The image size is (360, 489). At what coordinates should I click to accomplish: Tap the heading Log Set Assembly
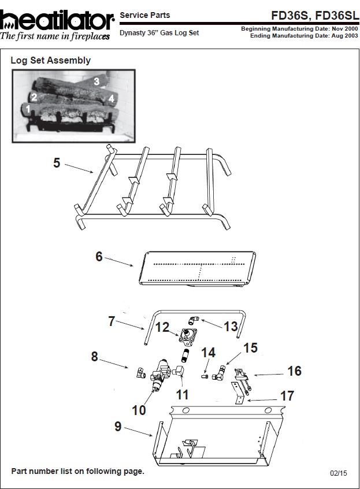[51, 60]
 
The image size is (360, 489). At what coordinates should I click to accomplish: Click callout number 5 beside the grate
[57, 163]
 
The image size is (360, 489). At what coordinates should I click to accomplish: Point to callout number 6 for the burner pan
[99, 256]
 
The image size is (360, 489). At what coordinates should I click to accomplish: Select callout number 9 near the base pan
[118, 427]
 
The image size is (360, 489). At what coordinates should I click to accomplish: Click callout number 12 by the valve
[162, 327]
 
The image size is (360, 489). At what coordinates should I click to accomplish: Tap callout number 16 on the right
[294, 371]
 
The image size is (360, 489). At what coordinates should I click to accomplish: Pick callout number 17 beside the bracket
[287, 396]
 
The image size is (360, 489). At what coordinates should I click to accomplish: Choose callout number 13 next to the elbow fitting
[231, 326]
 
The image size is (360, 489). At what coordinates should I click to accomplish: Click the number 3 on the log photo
[97, 81]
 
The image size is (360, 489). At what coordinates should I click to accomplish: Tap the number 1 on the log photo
[28, 108]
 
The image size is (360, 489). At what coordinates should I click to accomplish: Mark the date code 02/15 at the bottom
[339, 473]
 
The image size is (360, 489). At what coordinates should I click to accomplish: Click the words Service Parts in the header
[144, 16]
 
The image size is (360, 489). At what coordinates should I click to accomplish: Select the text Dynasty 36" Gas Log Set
[159, 33]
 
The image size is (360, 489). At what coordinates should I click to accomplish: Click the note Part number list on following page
[77, 471]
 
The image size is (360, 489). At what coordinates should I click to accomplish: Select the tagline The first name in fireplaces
[55, 36]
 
